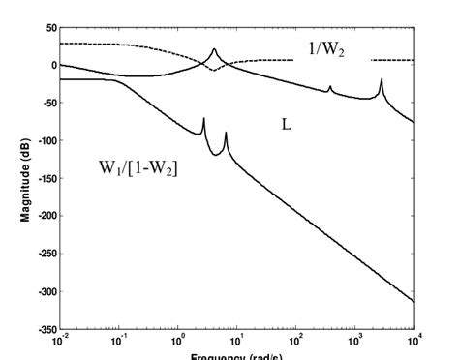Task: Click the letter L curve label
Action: coord(287,126)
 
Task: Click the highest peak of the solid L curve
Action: coord(214,49)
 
